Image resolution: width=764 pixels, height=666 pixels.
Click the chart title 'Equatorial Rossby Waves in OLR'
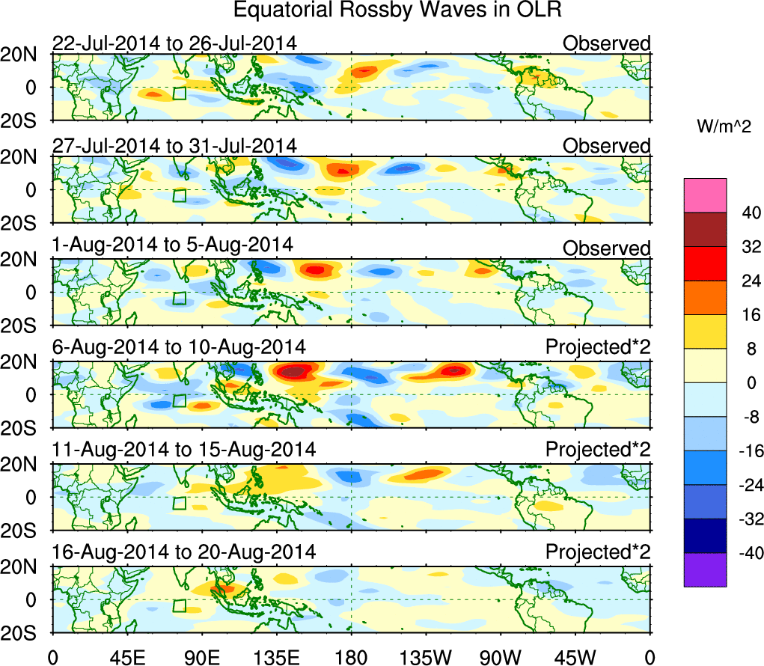coord(397,11)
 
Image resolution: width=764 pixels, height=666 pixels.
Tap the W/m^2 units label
coord(722,127)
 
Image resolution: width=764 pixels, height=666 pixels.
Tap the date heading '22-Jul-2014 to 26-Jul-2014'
coord(174,43)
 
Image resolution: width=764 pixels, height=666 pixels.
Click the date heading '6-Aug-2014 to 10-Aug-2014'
coord(179,347)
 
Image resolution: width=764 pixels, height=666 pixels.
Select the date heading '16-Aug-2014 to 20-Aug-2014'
coord(184,552)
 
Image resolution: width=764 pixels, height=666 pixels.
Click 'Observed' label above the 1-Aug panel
coord(606,248)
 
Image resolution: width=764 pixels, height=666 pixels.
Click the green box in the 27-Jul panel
coord(179,195)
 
